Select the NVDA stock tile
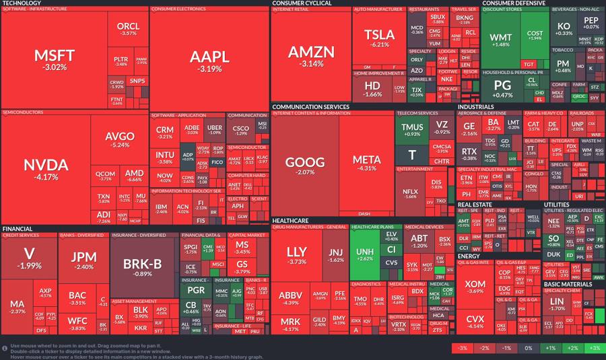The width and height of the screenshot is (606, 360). click(46, 168)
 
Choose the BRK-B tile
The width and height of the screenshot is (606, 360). click(142, 266)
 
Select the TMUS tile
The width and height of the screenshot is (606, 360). click(412, 129)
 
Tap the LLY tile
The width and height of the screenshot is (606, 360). click(296, 256)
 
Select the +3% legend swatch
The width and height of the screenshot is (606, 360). click(594, 348)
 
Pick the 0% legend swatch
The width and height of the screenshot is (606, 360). click(527, 348)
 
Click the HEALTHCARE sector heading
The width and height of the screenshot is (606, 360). click(291, 220)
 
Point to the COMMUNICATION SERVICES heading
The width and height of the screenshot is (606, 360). click(311, 106)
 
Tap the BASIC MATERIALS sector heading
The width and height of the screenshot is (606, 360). click(568, 284)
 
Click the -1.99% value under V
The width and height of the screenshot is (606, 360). click(29, 265)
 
